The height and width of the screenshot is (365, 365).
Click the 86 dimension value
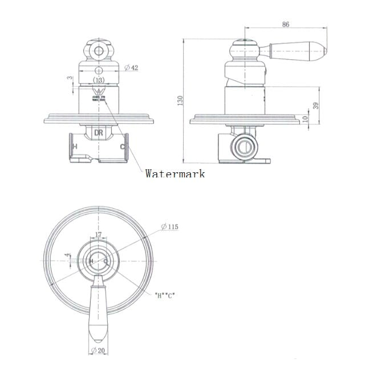(286, 24)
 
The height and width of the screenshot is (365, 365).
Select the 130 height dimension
(180, 101)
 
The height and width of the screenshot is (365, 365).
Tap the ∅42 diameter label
(132, 68)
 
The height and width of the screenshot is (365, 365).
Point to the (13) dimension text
(99, 80)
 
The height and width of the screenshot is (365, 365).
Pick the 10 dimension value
(305, 119)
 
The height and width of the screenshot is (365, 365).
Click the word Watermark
(175, 173)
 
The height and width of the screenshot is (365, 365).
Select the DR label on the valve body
(98, 132)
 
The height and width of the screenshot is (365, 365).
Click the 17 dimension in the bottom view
(98, 235)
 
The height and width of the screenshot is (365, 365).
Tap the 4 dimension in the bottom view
(67, 256)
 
